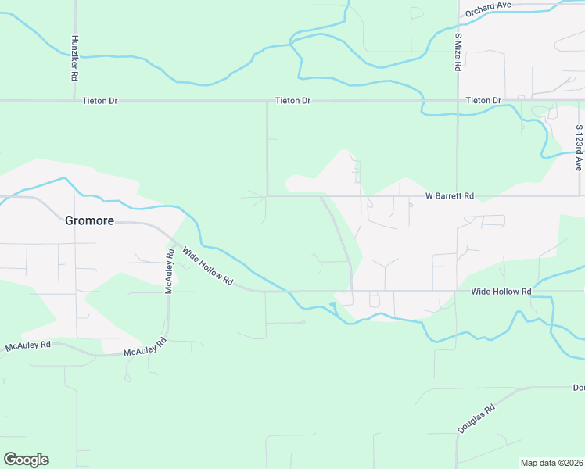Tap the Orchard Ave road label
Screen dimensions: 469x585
487,9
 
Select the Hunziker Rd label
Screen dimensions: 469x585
74,58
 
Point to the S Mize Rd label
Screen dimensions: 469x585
458,52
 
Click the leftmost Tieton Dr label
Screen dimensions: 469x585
99,101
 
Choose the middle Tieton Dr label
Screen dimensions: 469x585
293,101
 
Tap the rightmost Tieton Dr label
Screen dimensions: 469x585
483,101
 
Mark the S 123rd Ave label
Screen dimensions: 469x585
580,148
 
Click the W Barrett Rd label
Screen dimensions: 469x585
450,195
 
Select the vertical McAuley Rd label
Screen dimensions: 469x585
168,270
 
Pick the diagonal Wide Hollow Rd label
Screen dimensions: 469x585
208,266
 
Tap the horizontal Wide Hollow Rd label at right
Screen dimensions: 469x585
501,292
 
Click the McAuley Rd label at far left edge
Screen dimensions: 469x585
27,345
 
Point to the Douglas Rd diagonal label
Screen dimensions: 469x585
477,420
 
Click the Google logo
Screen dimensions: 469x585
26,460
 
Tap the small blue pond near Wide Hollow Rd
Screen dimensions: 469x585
332,304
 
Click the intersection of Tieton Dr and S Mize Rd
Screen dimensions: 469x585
458,101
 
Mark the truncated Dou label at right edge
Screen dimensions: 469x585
578,388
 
